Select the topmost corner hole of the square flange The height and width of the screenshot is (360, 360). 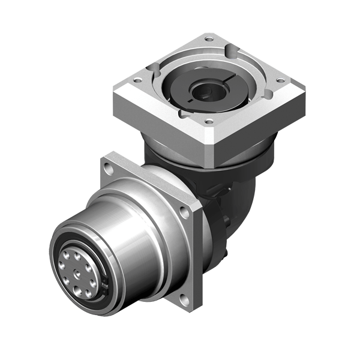(209, 40)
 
